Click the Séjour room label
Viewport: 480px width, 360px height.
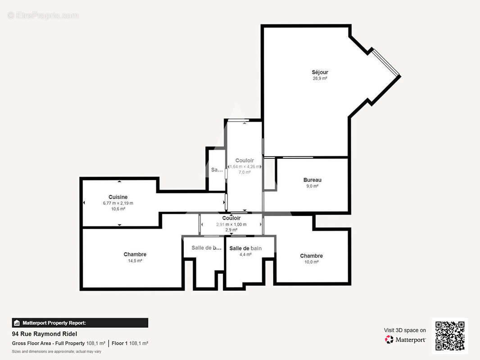click(320, 72)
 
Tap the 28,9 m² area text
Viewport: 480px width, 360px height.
click(320, 78)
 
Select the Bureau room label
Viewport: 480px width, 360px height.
click(312, 180)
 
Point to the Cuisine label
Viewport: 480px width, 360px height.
click(118, 197)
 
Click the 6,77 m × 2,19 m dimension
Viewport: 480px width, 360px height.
click(118, 203)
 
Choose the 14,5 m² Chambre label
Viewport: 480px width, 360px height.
click(135, 255)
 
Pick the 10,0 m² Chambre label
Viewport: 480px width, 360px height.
click(311, 256)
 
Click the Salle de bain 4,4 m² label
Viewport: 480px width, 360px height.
click(245, 248)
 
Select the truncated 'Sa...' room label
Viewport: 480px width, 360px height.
click(217, 170)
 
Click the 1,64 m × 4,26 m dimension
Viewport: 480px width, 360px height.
click(245, 166)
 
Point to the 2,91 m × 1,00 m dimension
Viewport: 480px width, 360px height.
click(231, 224)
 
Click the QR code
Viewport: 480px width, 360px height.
click(450, 336)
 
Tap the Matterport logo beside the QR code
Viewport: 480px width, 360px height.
click(405, 340)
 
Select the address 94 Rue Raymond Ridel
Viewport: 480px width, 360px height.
click(45, 334)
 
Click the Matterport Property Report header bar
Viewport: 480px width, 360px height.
click(80, 323)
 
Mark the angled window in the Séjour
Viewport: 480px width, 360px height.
click(386, 62)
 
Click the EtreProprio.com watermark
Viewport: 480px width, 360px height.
click(43, 16)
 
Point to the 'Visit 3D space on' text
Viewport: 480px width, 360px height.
click(405, 330)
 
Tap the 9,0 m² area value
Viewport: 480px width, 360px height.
click(312, 186)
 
